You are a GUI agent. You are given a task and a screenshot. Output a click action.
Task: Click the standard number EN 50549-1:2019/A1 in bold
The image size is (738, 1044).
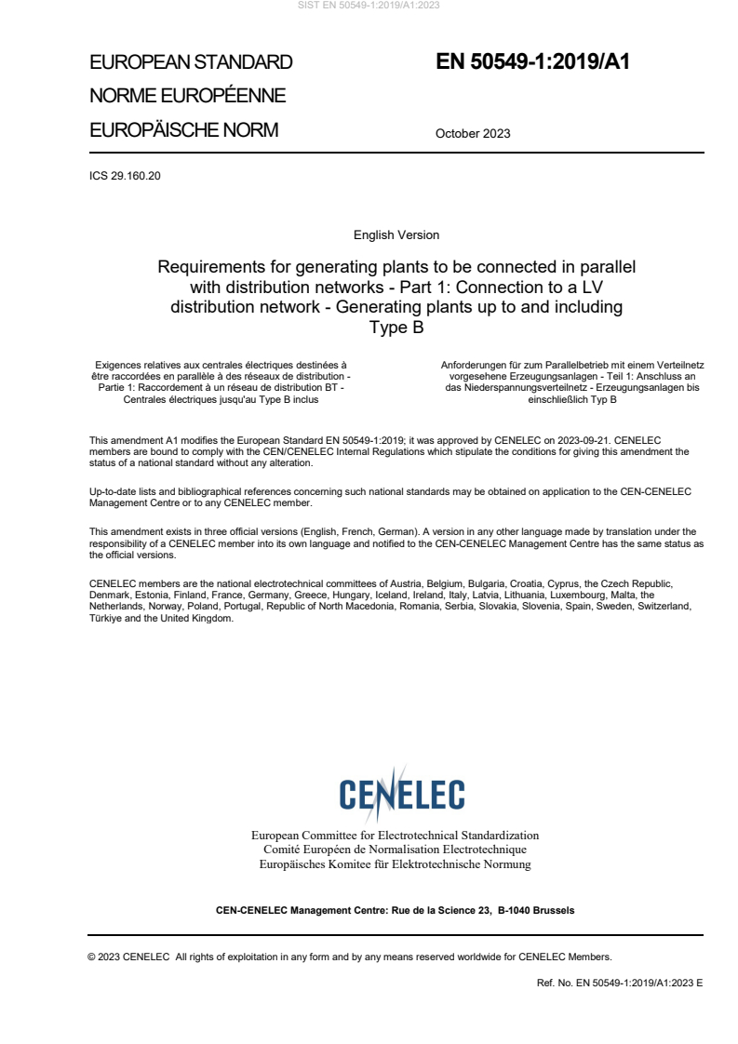click(533, 62)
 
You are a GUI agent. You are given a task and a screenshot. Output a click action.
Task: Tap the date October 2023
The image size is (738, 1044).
click(473, 133)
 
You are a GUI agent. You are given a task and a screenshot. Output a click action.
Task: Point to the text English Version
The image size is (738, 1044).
click(396, 235)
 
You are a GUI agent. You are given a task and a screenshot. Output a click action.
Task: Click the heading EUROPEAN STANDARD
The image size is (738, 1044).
click(191, 62)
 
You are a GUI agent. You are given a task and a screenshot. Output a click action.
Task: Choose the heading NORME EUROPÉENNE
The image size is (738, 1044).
click(187, 96)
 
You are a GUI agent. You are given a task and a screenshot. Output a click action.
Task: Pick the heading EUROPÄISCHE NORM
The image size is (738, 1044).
click(183, 130)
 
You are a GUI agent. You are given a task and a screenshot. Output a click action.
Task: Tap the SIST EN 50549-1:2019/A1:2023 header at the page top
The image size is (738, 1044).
click(369, 6)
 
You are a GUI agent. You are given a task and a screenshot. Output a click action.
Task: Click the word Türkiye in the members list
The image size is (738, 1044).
click(107, 619)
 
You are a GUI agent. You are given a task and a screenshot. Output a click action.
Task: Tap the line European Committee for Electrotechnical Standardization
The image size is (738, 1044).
click(395, 835)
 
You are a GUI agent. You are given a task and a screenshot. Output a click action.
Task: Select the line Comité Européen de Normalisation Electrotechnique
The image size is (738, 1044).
click(395, 850)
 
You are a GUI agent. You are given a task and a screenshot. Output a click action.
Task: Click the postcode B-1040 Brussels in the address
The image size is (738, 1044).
click(536, 910)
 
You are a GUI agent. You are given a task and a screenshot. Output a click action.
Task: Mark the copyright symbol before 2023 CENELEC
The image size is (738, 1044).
click(92, 956)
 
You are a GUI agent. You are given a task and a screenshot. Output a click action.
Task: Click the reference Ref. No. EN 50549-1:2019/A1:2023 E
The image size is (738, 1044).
click(620, 983)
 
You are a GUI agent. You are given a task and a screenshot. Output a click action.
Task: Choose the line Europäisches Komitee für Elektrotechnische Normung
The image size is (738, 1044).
click(395, 864)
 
